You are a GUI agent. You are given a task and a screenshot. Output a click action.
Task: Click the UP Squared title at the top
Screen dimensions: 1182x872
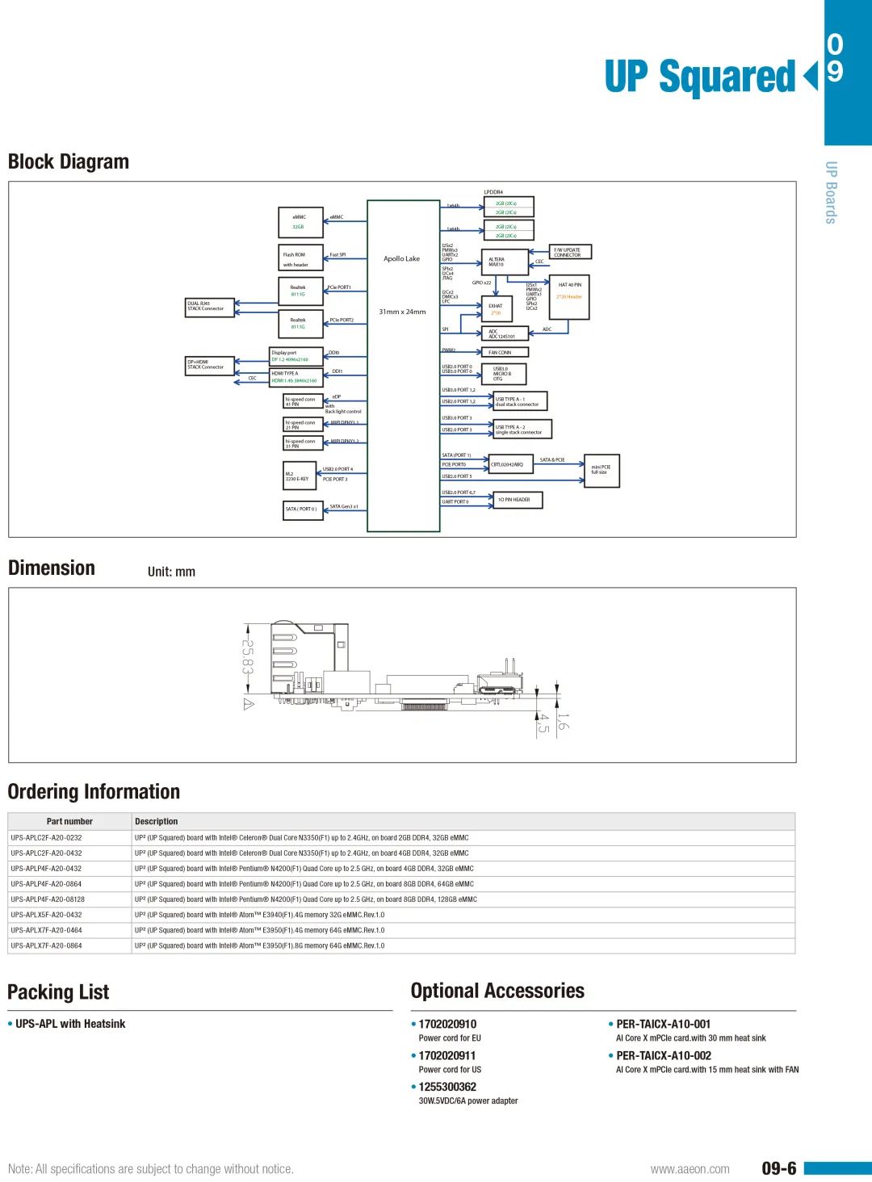[701, 78]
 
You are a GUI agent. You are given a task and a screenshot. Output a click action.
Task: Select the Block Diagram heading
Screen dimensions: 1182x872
[69, 162]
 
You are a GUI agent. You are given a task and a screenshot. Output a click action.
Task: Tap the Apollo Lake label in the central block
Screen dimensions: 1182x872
[401, 259]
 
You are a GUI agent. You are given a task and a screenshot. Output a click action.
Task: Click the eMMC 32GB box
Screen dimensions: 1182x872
[300, 222]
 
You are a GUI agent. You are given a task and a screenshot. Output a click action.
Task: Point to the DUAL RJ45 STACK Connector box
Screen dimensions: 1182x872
[210, 307]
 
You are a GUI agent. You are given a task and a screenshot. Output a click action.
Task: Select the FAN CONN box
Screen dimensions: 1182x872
[506, 353]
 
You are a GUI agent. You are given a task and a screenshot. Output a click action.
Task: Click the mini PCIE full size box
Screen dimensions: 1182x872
[602, 470]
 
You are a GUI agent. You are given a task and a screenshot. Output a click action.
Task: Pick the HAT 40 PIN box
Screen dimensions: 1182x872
[569, 296]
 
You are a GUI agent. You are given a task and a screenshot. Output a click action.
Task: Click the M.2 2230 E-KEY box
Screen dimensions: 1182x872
[300, 476]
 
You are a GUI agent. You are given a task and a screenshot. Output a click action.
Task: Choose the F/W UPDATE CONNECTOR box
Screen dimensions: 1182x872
[570, 253]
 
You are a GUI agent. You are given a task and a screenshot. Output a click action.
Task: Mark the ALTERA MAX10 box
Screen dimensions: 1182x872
[505, 262]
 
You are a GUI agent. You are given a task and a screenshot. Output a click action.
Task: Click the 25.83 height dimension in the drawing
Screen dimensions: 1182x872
[247, 657]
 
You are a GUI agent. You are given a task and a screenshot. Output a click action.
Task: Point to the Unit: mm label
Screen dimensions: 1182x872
[171, 572]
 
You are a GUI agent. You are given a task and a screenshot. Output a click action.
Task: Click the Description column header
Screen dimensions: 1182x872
[157, 821]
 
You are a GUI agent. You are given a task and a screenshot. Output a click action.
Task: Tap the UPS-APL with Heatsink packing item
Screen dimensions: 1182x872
[70, 1024]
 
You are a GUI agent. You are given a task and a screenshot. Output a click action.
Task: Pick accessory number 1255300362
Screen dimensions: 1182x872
[447, 1087]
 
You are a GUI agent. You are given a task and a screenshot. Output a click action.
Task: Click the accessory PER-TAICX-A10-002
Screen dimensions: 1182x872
[664, 1055]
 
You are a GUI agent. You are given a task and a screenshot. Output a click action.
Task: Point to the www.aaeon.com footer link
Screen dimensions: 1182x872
[690, 1169]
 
